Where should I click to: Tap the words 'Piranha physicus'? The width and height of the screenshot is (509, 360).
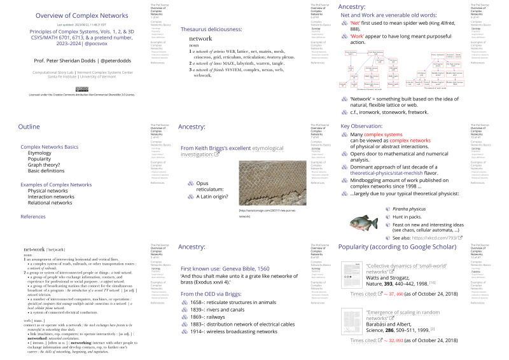point(411,208)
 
